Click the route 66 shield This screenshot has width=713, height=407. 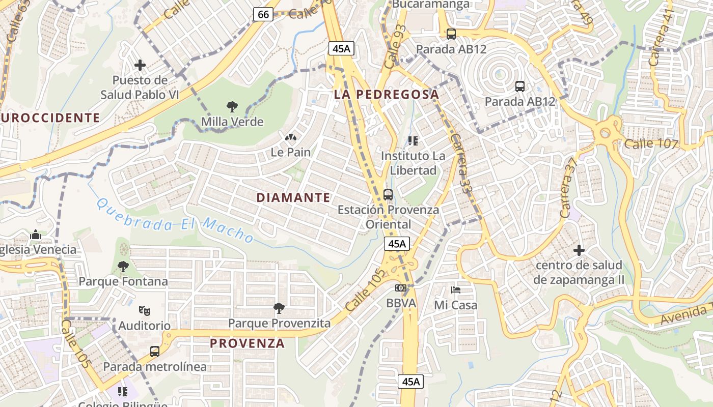(263, 14)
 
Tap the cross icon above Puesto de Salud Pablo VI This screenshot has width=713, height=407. (140, 65)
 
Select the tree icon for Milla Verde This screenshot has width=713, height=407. (232, 107)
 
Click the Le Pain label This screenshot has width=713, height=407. (290, 152)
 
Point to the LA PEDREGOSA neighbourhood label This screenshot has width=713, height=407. (386, 94)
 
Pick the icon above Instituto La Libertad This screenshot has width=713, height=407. (413, 140)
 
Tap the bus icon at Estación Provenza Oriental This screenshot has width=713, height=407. (388, 194)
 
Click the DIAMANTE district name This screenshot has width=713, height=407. (293, 198)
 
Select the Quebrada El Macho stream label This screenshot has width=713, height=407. (175, 221)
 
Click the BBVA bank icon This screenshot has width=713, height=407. (401, 288)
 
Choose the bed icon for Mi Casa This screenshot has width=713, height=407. (456, 290)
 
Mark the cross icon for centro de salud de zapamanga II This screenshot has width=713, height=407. (579, 250)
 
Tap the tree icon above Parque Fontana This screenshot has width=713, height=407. (123, 266)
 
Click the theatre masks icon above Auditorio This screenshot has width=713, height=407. (145, 310)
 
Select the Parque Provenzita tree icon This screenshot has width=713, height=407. (279, 308)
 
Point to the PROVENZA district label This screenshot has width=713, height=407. (247, 343)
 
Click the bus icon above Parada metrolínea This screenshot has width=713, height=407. (154, 351)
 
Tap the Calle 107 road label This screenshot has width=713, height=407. (651, 143)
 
